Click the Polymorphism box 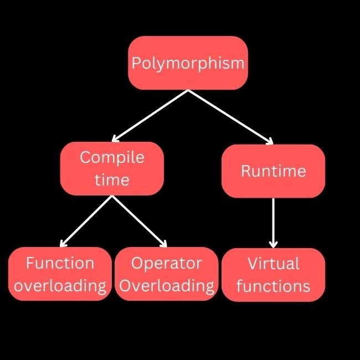click(x=188, y=63)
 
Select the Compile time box click(x=112, y=168)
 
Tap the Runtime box click(x=273, y=171)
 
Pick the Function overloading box click(x=60, y=274)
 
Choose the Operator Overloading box click(x=167, y=274)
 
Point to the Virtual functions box click(x=273, y=275)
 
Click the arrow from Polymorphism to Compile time click(x=150, y=115)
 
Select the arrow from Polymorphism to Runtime click(x=230, y=117)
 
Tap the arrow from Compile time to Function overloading click(x=86, y=221)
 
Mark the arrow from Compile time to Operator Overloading click(x=140, y=221)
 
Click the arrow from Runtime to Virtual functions click(x=273, y=222)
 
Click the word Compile click(x=112, y=157)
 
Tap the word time click(x=112, y=180)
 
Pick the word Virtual click(x=273, y=263)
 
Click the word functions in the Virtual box click(x=273, y=286)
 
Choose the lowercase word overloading click(x=60, y=286)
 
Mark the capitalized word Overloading click(x=167, y=286)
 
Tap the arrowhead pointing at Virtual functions click(x=273, y=244)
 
